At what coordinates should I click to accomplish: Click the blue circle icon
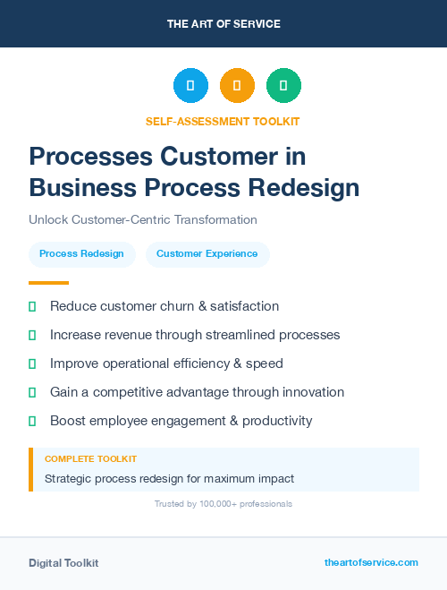(190, 85)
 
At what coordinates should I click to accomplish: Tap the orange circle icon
(237, 85)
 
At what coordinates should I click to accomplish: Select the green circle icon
(283, 85)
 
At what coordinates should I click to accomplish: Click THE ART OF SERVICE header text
(223, 24)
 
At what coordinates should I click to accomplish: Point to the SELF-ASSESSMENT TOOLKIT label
(223, 121)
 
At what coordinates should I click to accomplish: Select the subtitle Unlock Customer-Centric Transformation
(143, 219)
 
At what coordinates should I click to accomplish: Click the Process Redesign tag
(82, 253)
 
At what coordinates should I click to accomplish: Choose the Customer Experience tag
(207, 253)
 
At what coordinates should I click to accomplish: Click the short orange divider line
(48, 282)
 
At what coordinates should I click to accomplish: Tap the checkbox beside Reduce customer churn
(32, 306)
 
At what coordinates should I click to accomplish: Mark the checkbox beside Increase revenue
(32, 335)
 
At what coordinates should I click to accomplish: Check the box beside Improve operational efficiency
(32, 363)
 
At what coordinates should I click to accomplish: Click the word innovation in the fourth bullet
(312, 392)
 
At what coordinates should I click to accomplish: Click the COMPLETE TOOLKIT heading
(91, 458)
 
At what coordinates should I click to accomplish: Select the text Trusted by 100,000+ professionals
(223, 504)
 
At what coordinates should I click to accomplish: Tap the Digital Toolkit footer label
(63, 563)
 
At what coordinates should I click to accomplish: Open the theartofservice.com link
(371, 562)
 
